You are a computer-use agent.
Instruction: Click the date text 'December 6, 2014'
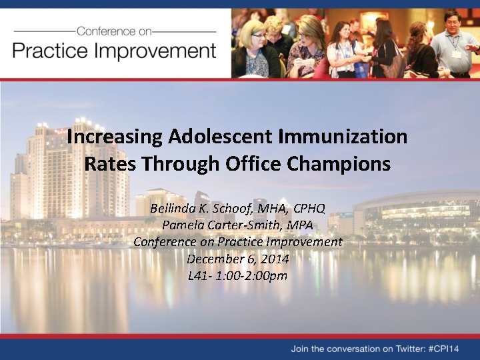(237, 259)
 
